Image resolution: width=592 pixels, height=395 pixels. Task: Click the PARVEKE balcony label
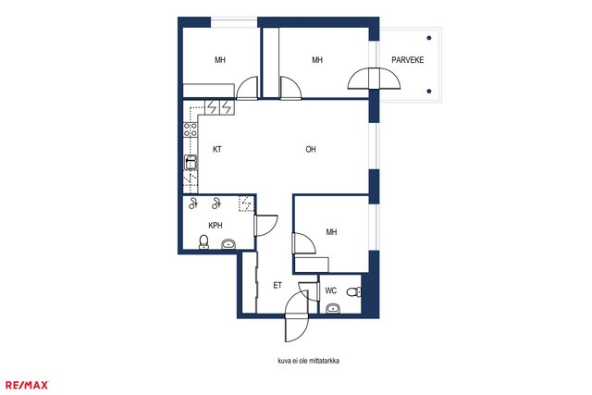pos(407,60)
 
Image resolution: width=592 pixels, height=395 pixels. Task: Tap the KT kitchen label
pos(217,150)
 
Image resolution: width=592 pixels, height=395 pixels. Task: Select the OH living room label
pos(311,150)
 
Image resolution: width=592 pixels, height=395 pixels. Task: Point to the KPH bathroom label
pos(216,226)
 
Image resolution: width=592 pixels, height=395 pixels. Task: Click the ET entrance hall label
pos(277,286)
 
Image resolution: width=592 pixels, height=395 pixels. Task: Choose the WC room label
pos(331,290)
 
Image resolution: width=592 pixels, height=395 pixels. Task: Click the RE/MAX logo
pos(27,385)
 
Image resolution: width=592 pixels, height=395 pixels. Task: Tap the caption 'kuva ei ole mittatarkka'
pos(308,361)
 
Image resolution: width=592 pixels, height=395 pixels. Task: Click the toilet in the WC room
pos(354,292)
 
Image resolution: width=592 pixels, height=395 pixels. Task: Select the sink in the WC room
pos(333,309)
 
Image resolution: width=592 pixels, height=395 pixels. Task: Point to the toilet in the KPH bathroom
pos(203,242)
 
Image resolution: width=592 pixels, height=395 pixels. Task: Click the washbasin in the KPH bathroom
pos(228,244)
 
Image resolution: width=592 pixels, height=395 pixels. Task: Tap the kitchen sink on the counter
pos(191,163)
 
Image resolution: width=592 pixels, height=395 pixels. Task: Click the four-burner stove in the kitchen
pos(191,130)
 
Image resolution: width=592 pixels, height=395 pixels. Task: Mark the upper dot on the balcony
pos(429,38)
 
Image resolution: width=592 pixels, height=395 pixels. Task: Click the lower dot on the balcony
pos(429,92)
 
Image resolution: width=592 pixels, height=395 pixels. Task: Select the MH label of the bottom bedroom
pos(331,232)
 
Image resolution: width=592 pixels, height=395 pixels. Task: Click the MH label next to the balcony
pos(317,60)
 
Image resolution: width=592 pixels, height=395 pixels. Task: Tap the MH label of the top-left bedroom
pos(220,60)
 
